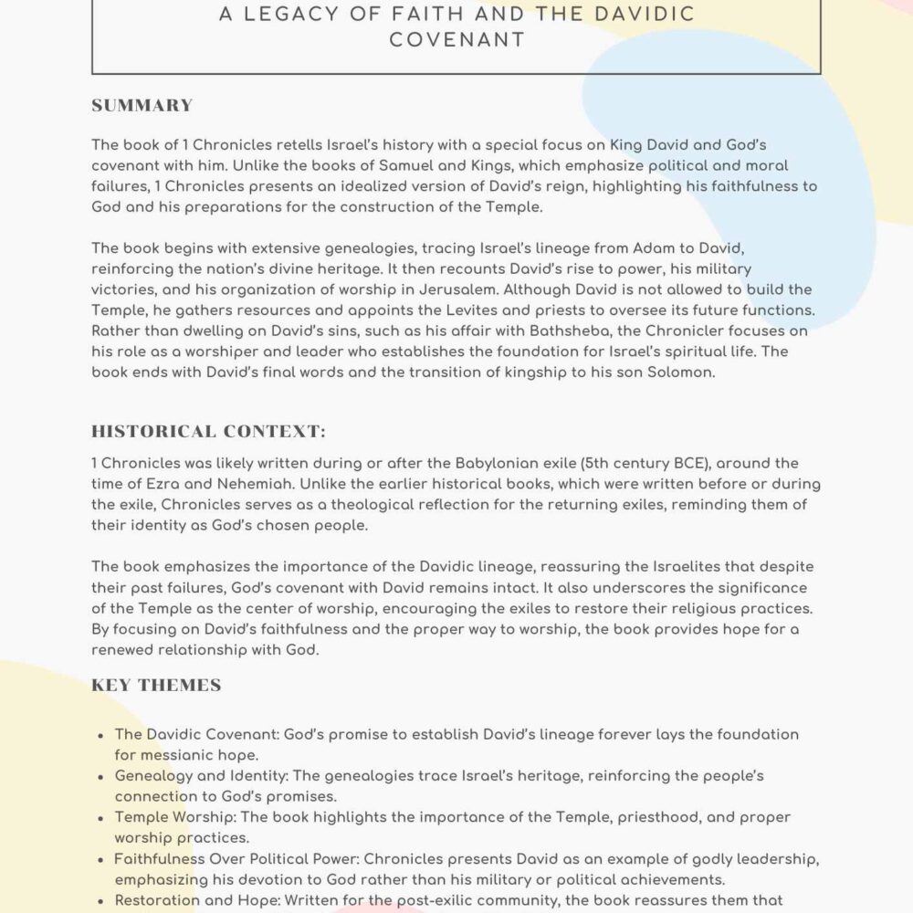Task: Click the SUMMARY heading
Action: (x=142, y=105)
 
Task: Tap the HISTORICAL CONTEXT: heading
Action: (x=208, y=431)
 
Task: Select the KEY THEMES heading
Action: (x=156, y=685)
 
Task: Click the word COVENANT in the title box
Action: (x=456, y=39)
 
